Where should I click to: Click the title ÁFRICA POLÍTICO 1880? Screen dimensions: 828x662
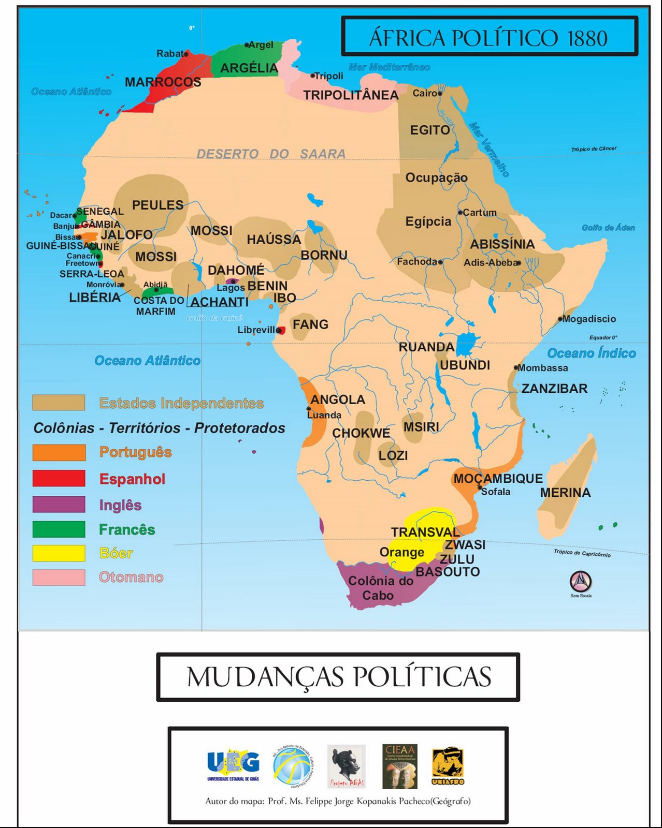point(488,38)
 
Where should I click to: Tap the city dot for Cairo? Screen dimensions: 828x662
point(440,94)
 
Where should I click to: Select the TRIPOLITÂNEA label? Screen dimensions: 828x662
point(351,95)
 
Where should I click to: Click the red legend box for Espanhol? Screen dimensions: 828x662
point(59,478)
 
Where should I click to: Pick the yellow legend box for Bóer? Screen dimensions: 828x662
point(59,553)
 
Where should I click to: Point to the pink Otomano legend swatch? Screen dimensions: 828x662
point(59,577)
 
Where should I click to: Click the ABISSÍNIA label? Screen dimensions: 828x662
point(502,244)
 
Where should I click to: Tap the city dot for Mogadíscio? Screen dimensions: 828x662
point(560,319)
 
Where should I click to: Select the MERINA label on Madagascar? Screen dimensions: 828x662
point(565,493)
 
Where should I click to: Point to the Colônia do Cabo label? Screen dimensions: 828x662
point(380,588)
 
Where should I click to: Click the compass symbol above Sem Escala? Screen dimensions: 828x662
point(581,582)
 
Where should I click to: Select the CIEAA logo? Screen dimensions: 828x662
point(399,766)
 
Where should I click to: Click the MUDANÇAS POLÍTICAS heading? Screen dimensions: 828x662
point(338,677)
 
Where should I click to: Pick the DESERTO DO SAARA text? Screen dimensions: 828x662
point(271,154)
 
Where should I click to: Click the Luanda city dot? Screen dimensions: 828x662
point(309,409)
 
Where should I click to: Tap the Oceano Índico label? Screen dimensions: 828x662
point(591,353)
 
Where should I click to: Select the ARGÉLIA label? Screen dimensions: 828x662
point(249,68)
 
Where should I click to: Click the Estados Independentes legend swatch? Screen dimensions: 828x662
point(59,403)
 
